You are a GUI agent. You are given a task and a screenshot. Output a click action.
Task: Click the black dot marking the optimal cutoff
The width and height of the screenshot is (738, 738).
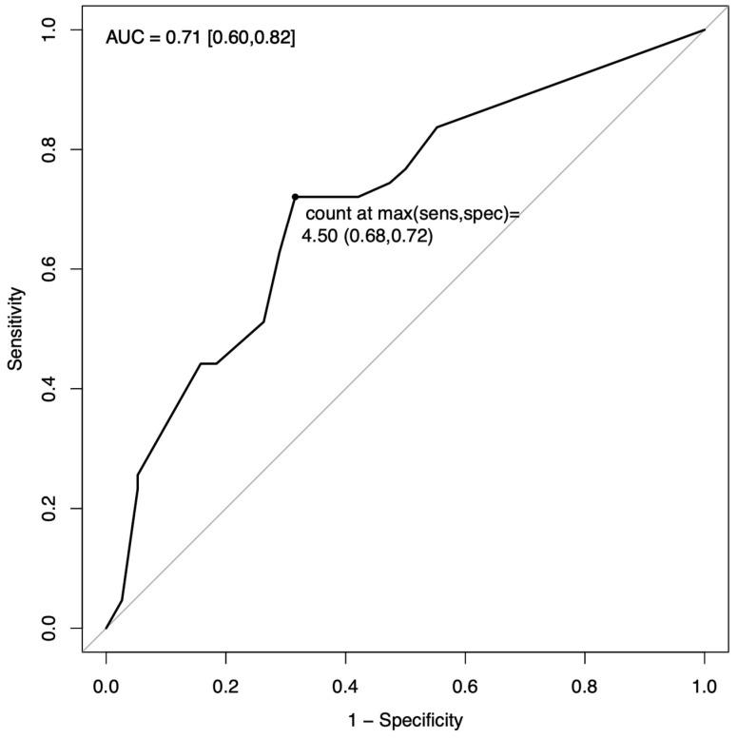(295, 197)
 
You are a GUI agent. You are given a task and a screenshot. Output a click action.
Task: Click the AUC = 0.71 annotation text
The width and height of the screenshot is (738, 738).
(200, 39)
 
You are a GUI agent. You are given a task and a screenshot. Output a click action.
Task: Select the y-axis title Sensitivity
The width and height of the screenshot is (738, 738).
(15, 329)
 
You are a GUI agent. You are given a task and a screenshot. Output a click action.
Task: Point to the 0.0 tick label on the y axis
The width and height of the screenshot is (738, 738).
(49, 628)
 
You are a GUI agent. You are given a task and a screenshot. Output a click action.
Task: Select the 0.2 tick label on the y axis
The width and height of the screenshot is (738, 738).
(49, 508)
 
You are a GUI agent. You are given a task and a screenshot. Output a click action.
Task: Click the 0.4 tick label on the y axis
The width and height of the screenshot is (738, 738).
(49, 389)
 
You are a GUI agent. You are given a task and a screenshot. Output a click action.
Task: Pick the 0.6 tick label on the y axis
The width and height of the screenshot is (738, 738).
(49, 269)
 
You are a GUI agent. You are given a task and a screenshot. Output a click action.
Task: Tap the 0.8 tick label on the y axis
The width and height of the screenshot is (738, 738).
(49, 149)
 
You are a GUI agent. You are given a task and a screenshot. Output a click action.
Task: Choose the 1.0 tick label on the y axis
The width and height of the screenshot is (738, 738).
(49, 30)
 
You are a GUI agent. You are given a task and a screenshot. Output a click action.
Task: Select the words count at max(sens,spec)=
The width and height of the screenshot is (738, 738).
(413, 216)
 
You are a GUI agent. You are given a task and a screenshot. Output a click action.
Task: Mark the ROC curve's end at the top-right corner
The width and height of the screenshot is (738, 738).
(704, 30)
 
